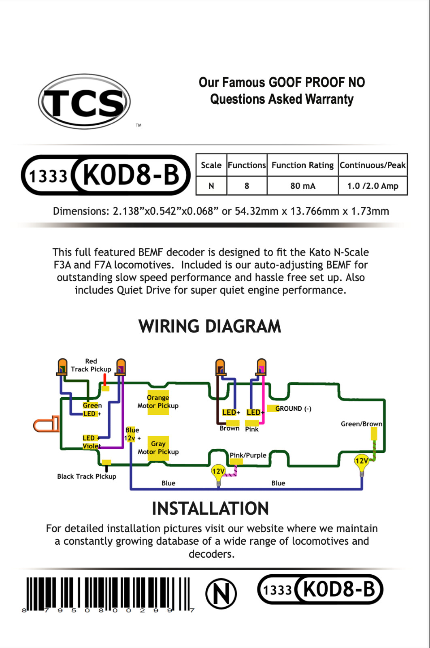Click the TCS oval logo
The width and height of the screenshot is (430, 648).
pyautogui.click(x=84, y=101)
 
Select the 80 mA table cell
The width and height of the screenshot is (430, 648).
pyautogui.click(x=303, y=186)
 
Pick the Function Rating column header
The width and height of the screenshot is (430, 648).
pyautogui.click(x=302, y=165)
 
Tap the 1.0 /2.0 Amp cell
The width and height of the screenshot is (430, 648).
pyautogui.click(x=373, y=186)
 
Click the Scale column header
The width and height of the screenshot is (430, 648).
pyautogui.click(x=211, y=165)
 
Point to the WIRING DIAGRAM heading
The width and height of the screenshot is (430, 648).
pyautogui.click(x=210, y=326)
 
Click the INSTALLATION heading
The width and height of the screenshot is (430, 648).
pyautogui.click(x=210, y=509)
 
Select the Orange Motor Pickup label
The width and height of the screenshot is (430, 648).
pyautogui.click(x=158, y=401)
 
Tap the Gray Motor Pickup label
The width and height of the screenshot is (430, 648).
pyautogui.click(x=158, y=448)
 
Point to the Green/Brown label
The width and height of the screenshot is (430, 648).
pyautogui.click(x=362, y=424)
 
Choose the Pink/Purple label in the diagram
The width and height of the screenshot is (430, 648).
pyautogui.click(x=248, y=455)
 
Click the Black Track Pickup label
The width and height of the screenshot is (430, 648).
pyautogui.click(x=87, y=476)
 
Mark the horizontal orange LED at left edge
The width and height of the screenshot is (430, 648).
pyautogui.click(x=46, y=424)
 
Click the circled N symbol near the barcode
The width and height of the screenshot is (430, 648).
pyautogui.click(x=221, y=594)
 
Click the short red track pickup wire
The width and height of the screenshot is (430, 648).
pyautogui.click(x=105, y=379)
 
